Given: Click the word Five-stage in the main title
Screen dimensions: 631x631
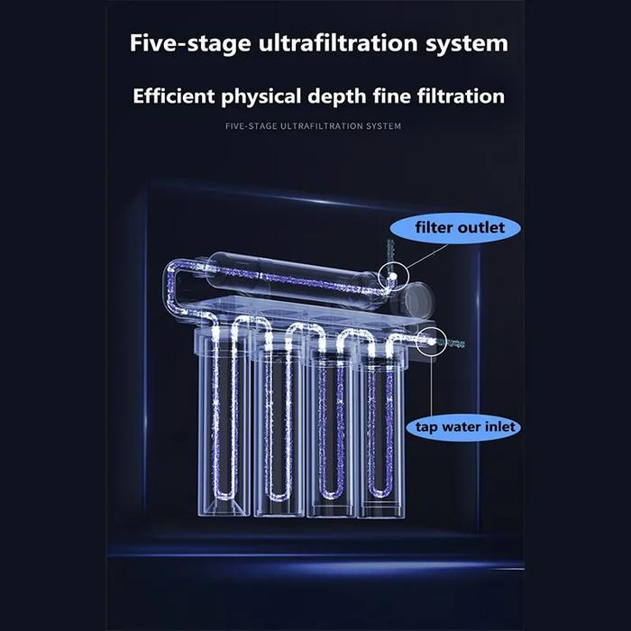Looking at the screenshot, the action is tap(190, 43).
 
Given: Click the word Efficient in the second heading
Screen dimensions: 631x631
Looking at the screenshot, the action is tap(174, 96).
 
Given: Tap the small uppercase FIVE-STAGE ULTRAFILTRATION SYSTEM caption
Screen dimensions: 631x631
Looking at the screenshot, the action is tap(313, 126).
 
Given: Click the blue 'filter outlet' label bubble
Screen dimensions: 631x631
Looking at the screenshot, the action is tap(455, 228).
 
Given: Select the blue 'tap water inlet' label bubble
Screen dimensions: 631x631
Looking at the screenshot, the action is tap(462, 427).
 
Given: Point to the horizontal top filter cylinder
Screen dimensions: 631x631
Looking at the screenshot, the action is tap(294, 278).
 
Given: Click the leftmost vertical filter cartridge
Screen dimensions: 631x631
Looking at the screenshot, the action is tap(224, 423).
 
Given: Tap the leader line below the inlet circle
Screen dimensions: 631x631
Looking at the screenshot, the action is tap(432, 386).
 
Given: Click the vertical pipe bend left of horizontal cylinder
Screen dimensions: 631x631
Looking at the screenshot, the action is tap(170, 287).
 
